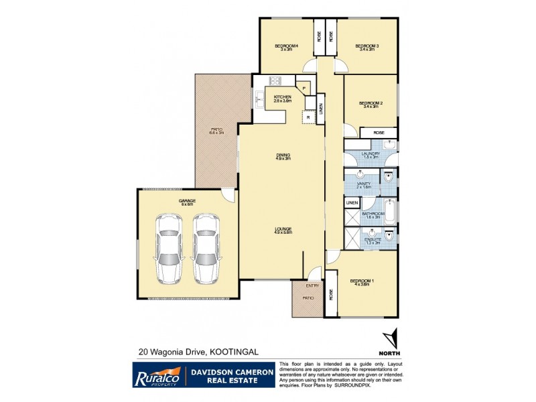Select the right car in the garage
206,249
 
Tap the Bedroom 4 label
286,47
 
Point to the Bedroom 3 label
367,47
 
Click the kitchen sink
259,101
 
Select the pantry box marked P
304,88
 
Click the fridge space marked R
308,117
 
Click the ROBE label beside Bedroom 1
331,294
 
